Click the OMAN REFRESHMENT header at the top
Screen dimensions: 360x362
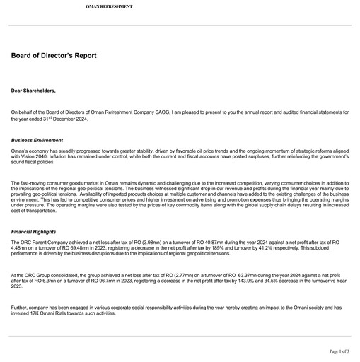(x=109, y=6)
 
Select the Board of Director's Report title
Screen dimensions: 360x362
(x=54, y=56)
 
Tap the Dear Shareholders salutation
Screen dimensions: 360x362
(x=33, y=91)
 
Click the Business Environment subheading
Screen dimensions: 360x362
(x=37, y=141)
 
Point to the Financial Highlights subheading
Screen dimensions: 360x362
(x=34, y=231)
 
